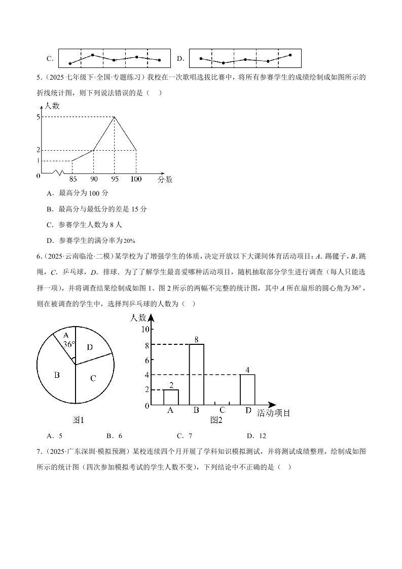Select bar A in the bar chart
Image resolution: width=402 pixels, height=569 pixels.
pyautogui.click(x=171, y=397)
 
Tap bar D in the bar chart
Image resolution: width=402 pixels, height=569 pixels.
pyautogui.click(x=247, y=389)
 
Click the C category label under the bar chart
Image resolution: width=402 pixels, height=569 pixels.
pyautogui.click(x=222, y=411)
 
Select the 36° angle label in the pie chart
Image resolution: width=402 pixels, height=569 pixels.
pyautogui.click(x=69, y=343)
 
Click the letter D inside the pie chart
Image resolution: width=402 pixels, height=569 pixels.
pyautogui.click(x=90, y=347)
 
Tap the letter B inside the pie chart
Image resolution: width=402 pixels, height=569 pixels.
pyautogui.click(x=57, y=375)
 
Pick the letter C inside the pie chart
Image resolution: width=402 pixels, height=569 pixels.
pyautogui.click(x=93, y=378)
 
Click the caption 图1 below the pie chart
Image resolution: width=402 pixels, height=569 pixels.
pyautogui.click(x=78, y=420)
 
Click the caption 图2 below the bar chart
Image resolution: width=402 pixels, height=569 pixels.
pyautogui.click(x=216, y=420)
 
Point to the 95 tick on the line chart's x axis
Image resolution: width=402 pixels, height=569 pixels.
pyautogui.click(x=115, y=179)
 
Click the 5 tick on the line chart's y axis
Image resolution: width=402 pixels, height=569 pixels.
pyautogui.click(x=38, y=117)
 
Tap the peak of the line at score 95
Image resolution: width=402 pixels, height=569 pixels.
pyautogui.click(x=115, y=117)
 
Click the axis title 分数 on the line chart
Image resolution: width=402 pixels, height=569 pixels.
pyautogui.click(x=165, y=179)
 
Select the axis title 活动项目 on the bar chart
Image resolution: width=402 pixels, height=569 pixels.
pyautogui.click(x=274, y=413)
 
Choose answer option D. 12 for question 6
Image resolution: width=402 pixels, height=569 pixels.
pyautogui.click(x=257, y=436)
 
